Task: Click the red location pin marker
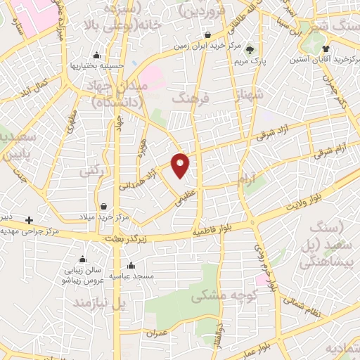pyautogui.click(x=181, y=165)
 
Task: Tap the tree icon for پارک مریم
pyautogui.click(x=250, y=49)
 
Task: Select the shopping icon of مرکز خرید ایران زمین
pyautogui.click(x=207, y=35)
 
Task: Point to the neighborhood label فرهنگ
pyautogui.click(x=195, y=99)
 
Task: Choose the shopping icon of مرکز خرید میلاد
pyautogui.click(x=104, y=207)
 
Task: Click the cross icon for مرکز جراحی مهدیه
pyautogui.click(x=29, y=220)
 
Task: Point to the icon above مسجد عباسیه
pyautogui.click(x=131, y=266)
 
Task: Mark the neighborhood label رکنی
pyautogui.click(x=89, y=171)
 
